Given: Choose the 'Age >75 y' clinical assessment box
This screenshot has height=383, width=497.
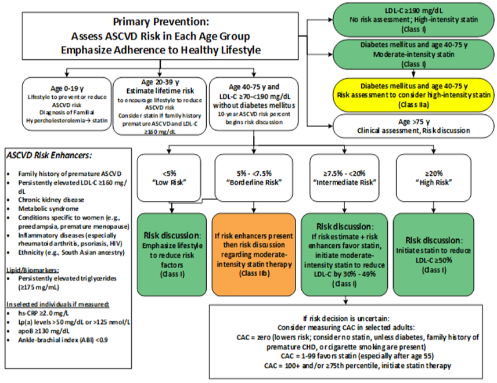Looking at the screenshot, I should (413, 126).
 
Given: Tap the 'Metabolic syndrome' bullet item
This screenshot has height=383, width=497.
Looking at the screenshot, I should (48, 208).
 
